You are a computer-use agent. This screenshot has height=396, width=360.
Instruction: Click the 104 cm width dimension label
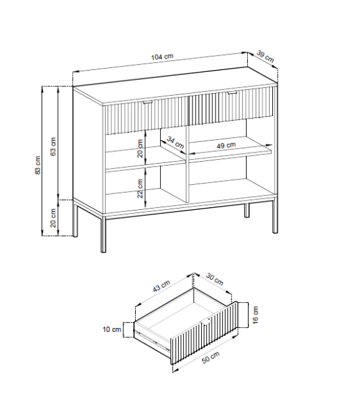coord(162,57)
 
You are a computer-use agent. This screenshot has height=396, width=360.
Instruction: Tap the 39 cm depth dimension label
coord(265,57)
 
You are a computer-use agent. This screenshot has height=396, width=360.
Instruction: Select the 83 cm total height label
coord(38,165)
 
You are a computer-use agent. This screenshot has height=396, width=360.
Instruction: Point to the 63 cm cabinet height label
coord(53,147)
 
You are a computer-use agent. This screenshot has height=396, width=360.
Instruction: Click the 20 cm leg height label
coord(53,218)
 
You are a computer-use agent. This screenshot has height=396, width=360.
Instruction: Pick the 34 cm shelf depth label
coord(175,143)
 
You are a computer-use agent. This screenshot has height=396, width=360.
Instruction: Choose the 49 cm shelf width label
coord(226,145)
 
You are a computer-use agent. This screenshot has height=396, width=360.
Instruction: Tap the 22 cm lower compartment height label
coord(140,188)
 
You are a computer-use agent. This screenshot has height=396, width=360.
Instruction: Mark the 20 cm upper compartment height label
coord(140,148)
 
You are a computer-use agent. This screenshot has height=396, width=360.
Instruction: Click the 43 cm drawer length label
coord(162,286)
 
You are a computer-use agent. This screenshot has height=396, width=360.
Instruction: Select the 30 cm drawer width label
coord(215,279)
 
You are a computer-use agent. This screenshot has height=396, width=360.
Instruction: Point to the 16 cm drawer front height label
coord(255,315)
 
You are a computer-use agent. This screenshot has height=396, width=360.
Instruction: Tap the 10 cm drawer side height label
coord(112,329)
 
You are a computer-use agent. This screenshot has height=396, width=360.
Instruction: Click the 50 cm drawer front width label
coord(210,357)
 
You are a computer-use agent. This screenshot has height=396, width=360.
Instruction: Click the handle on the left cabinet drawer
coord(147,102)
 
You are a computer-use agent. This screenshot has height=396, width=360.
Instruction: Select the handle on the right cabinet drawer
coord(231,93)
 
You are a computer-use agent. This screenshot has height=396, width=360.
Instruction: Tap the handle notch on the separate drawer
coord(206,322)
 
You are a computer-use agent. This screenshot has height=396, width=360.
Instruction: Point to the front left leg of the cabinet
coord(103,234)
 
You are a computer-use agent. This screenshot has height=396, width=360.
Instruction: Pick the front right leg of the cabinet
coord(275,216)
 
